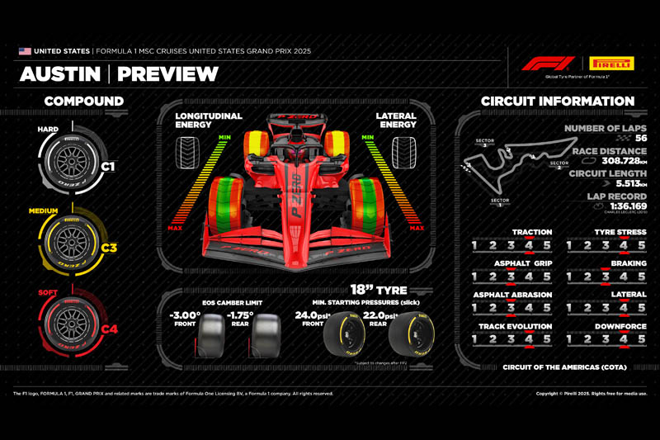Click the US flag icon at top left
(25, 51)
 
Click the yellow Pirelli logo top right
(611, 63)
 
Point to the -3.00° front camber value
(186, 315)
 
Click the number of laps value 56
(639, 138)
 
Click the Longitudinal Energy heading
(210, 121)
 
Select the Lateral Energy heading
(395, 121)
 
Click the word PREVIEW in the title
(167, 75)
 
